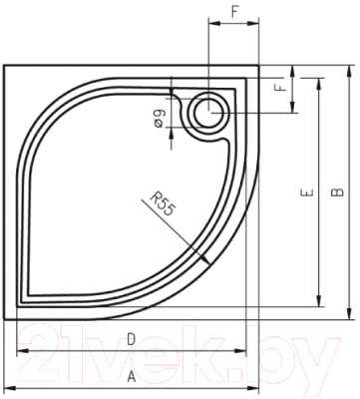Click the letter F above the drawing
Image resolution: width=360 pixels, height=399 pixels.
(x=232, y=11)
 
